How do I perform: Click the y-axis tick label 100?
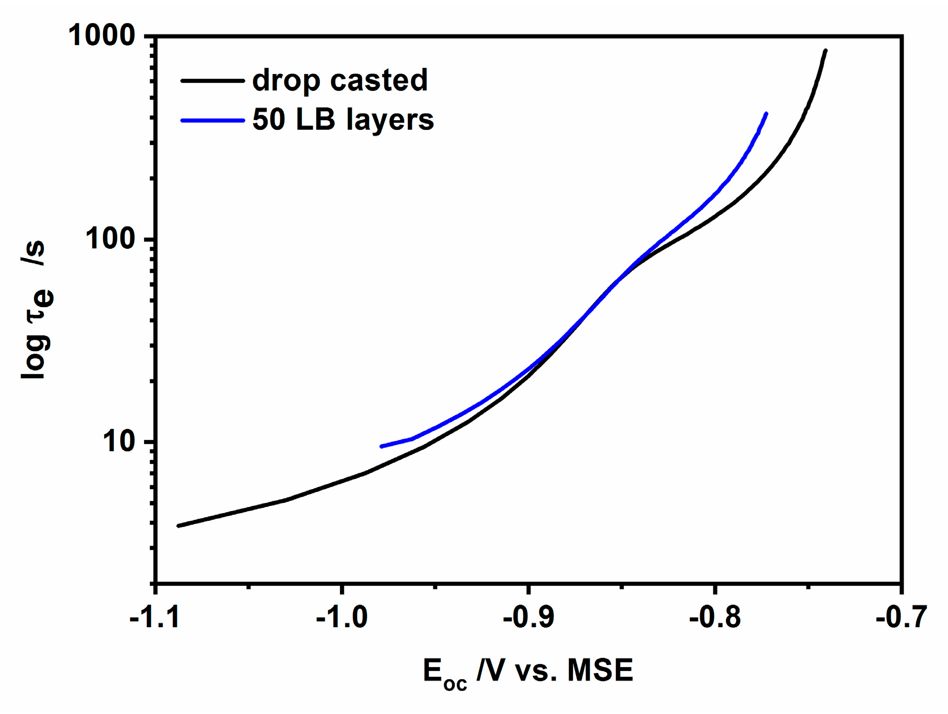(x=110, y=239)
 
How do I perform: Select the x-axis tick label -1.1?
(x=154, y=617)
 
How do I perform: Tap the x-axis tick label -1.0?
(x=341, y=617)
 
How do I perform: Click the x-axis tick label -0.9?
(x=528, y=617)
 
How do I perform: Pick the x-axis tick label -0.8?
(x=714, y=617)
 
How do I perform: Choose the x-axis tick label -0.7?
(x=900, y=617)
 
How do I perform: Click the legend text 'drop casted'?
(x=340, y=80)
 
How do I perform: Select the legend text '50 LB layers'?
(x=343, y=120)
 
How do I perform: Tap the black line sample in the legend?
(x=212, y=81)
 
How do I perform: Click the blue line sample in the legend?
(x=212, y=121)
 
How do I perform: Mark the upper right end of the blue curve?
(x=766, y=113)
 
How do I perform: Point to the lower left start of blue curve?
(x=381, y=447)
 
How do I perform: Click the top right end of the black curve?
(x=826, y=50)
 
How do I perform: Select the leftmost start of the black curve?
(x=178, y=526)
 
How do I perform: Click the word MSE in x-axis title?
(x=600, y=671)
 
